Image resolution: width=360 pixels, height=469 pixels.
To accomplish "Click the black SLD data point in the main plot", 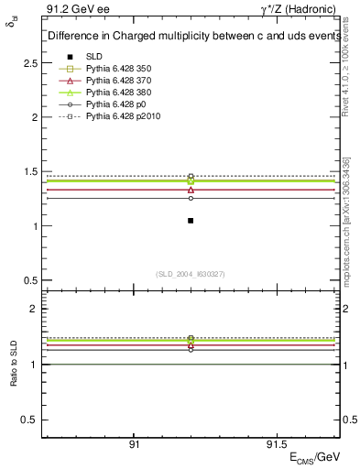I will pos(191,221).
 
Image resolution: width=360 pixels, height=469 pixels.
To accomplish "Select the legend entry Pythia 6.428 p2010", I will pos(120,117).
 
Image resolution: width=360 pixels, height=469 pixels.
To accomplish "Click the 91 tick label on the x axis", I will pos(134,445).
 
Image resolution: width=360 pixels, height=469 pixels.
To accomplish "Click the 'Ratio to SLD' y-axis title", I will pos(12,364).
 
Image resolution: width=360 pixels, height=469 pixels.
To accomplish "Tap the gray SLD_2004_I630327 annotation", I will pos(190,274).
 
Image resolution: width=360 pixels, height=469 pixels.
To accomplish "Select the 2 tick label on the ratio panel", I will pos(34,310).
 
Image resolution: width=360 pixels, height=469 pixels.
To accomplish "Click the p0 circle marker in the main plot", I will pos(191,198).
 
